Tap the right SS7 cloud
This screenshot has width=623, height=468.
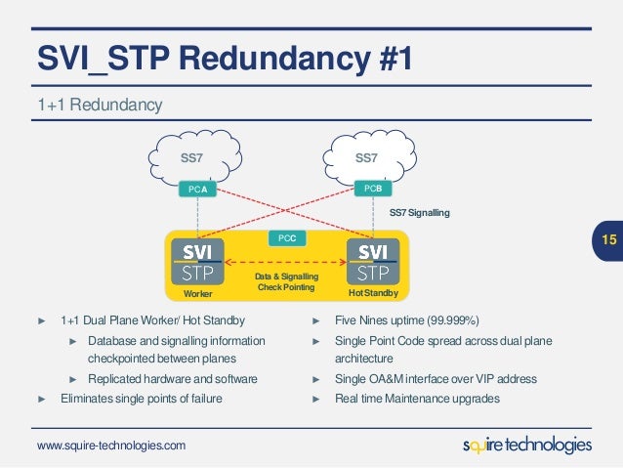371,157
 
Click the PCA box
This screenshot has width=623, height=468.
197,188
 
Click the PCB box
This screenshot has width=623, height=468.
372,188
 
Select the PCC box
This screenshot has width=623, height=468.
287,237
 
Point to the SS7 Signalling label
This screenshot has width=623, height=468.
420,212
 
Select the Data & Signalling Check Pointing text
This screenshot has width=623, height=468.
285,281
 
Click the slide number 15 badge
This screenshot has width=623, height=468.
608,239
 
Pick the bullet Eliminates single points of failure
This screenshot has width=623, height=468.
141,398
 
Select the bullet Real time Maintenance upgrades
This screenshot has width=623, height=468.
418,398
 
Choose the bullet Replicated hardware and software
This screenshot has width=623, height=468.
172,378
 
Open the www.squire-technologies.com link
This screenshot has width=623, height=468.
110,446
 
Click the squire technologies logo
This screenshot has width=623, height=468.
526,445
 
